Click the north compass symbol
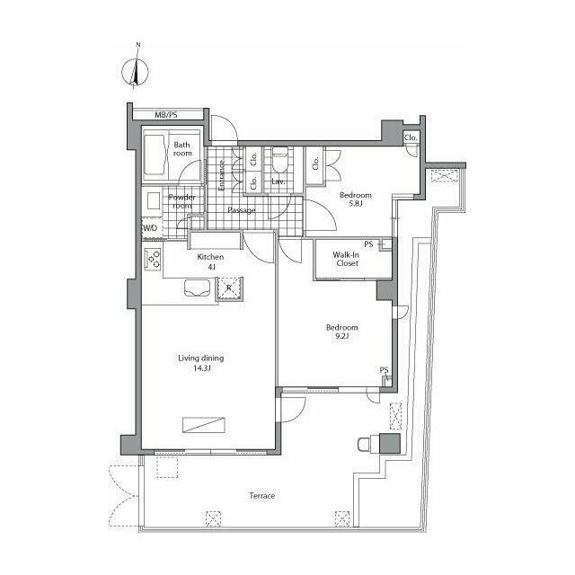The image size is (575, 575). click(136, 71)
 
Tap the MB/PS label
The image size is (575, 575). click(165, 115)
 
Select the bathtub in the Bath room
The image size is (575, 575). click(154, 155)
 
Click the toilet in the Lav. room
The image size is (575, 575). click(280, 160)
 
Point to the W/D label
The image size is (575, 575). click(150, 228)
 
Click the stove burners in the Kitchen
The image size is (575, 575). click(153, 259)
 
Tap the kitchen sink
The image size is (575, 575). click(198, 287)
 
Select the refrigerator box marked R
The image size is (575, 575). click(229, 288)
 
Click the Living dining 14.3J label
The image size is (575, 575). click(201, 363)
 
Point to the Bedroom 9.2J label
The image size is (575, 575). click(341, 332)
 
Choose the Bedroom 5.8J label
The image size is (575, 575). click(356, 199)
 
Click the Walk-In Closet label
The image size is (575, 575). click(347, 259)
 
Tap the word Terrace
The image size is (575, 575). click(261, 496)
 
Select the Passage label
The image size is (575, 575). click(242, 210)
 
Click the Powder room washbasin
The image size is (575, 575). click(154, 201)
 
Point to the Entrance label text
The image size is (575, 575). click(222, 175)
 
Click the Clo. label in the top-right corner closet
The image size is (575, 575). click(411, 137)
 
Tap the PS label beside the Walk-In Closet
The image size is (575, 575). click(368, 243)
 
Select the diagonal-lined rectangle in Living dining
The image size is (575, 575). click(204, 425)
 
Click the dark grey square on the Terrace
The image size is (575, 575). click(389, 443)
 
